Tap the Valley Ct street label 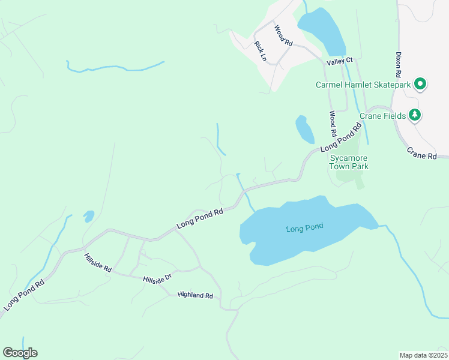point(340,61)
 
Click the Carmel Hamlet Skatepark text point(363,85)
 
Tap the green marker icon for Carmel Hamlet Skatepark point(420,84)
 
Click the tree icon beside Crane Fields point(414,114)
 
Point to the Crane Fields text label point(383,115)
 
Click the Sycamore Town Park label point(349,162)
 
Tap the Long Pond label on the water point(304,227)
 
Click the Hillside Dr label point(157,279)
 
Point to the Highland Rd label point(195,296)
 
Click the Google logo point(20,353)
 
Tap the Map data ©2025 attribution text point(423,355)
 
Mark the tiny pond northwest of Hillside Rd point(89,215)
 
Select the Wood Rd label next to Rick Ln point(283,36)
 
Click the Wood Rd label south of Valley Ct point(333,123)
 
